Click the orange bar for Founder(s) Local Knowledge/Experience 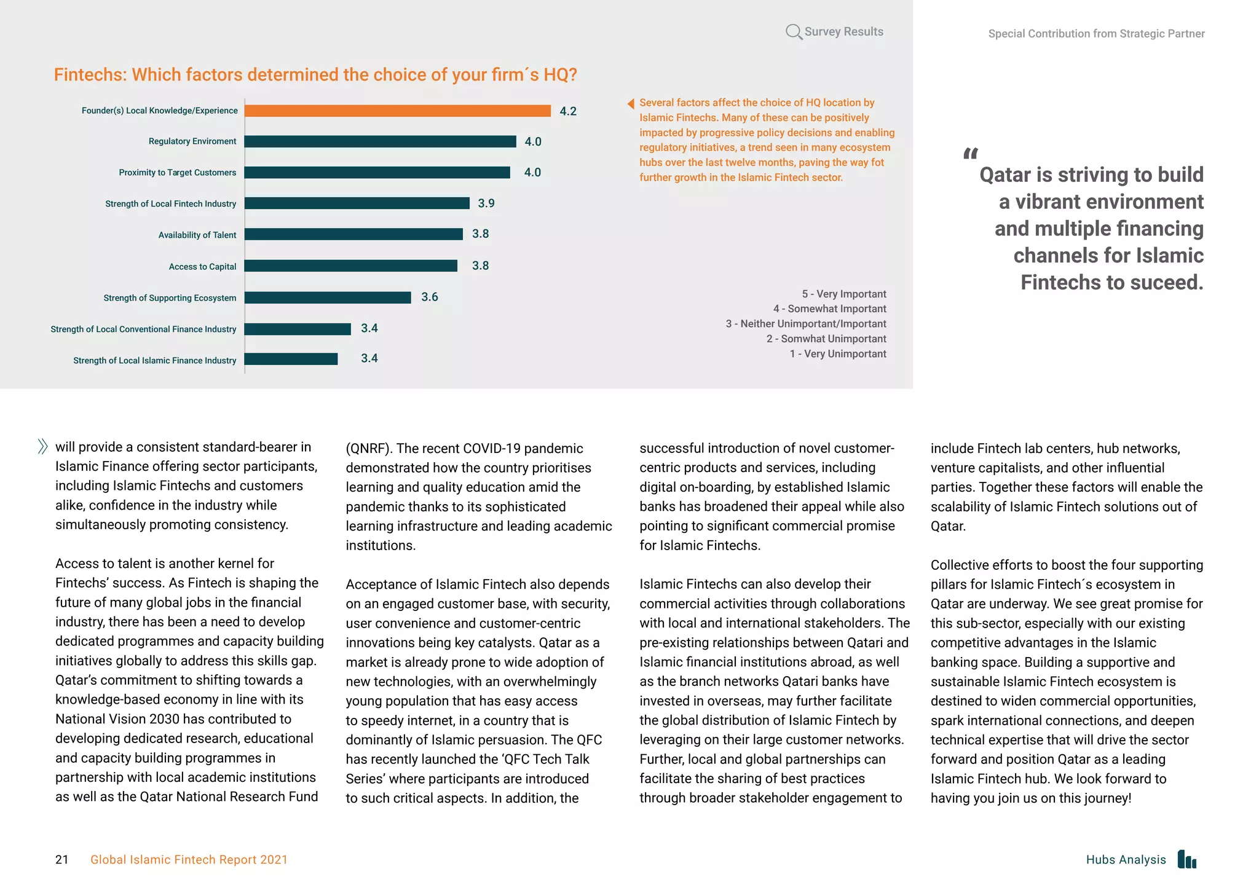pos(397,111)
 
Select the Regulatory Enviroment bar pos(380,141)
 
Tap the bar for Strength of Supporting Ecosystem pos(328,297)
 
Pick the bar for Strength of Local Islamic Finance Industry pos(291,359)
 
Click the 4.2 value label pos(568,111)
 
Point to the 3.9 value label pos(486,203)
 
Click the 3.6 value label pos(430,297)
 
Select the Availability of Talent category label pos(197,235)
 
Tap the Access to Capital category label pos(202,267)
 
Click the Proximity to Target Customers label pos(177,173)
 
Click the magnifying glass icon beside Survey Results pos(794,32)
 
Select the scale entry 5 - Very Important pos(843,294)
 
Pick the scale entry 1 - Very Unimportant pos(838,354)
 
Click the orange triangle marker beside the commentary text pos(631,103)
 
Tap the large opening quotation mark pos(971,153)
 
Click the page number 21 pos(62,859)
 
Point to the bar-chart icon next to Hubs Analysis pos(1187,859)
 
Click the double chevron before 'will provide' pos(42,446)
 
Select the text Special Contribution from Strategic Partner pos(1096,34)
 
